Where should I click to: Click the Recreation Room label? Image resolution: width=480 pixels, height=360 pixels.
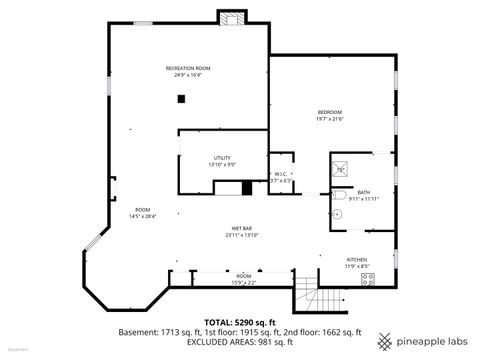pyautogui.click(x=187, y=68)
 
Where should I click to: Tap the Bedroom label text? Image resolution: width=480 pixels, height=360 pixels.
pyautogui.click(x=330, y=111)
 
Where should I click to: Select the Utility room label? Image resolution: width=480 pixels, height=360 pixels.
pyautogui.click(x=221, y=157)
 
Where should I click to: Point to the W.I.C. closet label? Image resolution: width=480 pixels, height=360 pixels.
pyautogui.click(x=281, y=174)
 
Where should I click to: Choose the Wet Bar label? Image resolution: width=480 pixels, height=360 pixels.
pyautogui.click(x=241, y=229)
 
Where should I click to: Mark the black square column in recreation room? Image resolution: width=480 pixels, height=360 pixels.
pyautogui.click(x=181, y=98)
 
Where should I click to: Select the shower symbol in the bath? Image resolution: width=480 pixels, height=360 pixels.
pyautogui.click(x=340, y=170)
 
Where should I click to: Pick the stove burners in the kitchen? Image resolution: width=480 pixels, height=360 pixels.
pyautogui.click(x=368, y=280)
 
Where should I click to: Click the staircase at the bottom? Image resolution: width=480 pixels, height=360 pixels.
pyautogui.click(x=309, y=297)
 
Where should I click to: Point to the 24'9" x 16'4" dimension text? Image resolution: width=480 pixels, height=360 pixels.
pyautogui.click(x=187, y=75)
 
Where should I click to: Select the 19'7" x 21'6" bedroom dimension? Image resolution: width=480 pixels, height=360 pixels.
pyautogui.click(x=330, y=119)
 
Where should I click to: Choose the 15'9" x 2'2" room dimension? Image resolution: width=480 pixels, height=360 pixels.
pyautogui.click(x=243, y=283)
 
